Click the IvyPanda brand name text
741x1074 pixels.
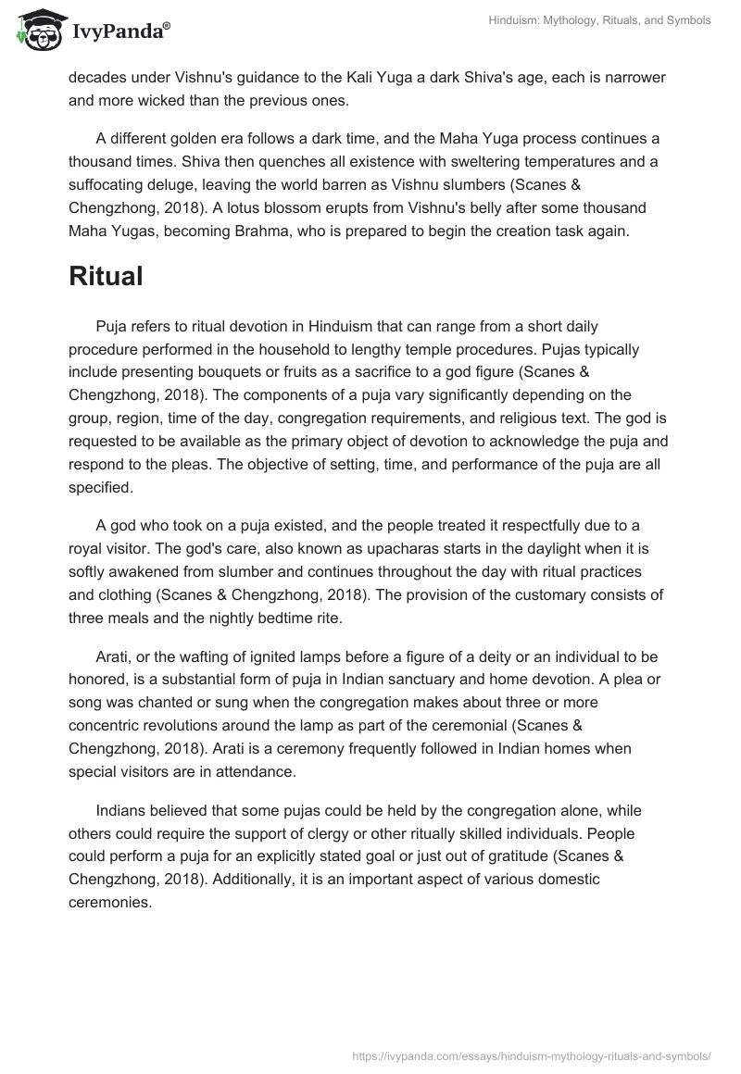pos(120,31)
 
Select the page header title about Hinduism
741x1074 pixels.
pos(600,20)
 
